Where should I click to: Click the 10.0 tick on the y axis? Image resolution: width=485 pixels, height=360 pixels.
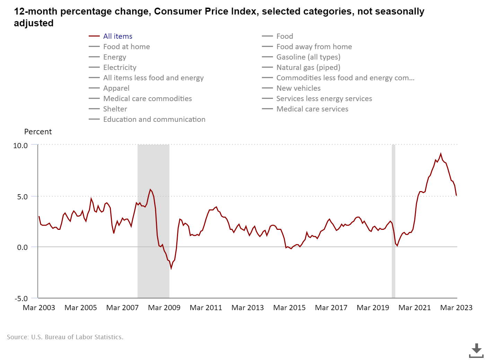pyautogui.click(x=20, y=146)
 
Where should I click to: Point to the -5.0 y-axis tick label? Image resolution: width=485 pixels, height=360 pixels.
pyautogui.click(x=21, y=298)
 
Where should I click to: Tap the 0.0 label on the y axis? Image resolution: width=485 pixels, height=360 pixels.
pyautogui.click(x=22, y=247)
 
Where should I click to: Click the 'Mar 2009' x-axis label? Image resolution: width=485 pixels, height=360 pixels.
pyautogui.click(x=164, y=308)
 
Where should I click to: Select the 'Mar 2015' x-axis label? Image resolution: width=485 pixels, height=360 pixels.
pyautogui.click(x=289, y=308)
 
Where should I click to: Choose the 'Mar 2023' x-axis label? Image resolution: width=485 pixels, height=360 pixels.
pyautogui.click(x=456, y=308)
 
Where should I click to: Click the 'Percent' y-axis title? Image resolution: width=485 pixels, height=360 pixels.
pyautogui.click(x=38, y=132)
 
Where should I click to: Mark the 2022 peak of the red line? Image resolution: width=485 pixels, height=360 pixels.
pyautogui.click(x=441, y=154)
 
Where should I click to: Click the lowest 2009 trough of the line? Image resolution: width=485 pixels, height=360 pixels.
pyautogui.click(x=171, y=268)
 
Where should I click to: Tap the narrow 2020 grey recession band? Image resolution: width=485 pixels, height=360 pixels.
pyautogui.click(x=394, y=222)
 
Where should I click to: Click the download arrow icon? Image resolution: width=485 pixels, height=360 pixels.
pyautogui.click(x=476, y=350)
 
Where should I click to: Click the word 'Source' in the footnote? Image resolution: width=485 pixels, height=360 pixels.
pyautogui.click(x=17, y=337)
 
